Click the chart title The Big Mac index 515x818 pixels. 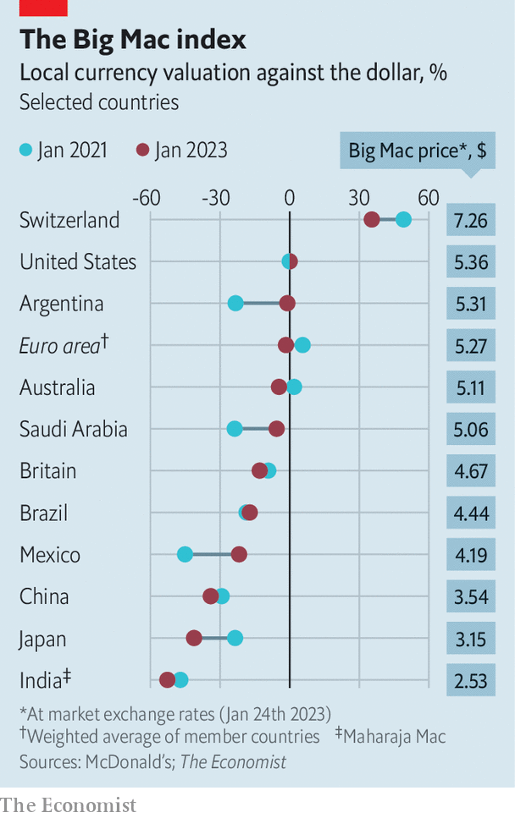tap(133, 40)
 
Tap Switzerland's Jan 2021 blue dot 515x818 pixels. tap(403, 220)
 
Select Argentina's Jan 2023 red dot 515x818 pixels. tap(287, 303)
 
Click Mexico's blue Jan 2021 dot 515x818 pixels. tap(185, 554)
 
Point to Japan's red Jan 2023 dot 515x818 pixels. tap(194, 638)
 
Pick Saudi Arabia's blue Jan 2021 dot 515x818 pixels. tap(235, 429)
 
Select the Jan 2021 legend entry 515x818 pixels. tap(64, 151)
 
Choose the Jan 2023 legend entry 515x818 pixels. tap(182, 151)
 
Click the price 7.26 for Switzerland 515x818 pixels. tap(471, 221)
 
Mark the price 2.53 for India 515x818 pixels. tap(471, 680)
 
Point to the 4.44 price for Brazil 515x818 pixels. tap(471, 513)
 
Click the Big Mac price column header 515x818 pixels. tap(418, 151)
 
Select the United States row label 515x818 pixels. tap(78, 262)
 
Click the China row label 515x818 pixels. tap(44, 596)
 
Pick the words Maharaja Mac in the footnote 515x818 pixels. tap(396, 737)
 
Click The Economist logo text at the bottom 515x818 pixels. tap(68, 804)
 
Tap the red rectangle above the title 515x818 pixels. tap(34, 8)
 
